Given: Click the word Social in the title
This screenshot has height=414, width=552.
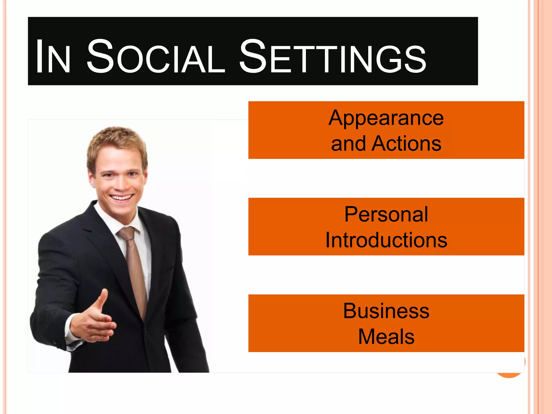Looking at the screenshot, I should pyautogui.click(x=156, y=57).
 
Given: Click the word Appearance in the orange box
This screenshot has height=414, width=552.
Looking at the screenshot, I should pyautogui.click(x=386, y=118).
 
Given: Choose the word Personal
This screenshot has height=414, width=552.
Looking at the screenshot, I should pyautogui.click(x=386, y=215).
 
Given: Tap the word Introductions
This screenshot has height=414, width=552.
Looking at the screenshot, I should pyautogui.click(x=386, y=240).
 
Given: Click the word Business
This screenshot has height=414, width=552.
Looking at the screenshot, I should pyautogui.click(x=386, y=311).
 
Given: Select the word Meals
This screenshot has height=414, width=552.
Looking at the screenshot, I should pyautogui.click(x=386, y=337).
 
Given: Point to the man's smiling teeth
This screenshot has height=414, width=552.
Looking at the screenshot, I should pyautogui.click(x=121, y=198).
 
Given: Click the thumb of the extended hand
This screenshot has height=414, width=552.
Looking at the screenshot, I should pyautogui.click(x=103, y=299).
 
